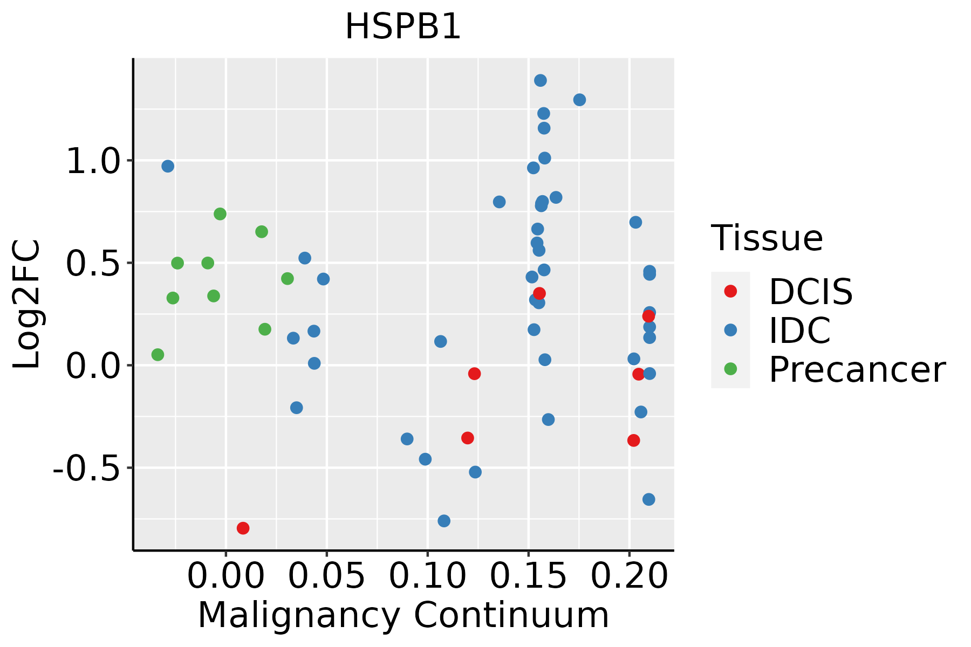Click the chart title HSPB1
pos(403,26)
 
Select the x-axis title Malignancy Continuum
pos(403,615)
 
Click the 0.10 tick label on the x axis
pos(427,576)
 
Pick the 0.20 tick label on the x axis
pos(629,576)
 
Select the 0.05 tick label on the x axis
pos(326,576)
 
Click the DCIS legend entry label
pos(810,292)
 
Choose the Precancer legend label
pos(857,370)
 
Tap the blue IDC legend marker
pos(730,330)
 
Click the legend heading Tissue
pos(767,238)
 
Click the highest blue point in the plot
pos(540,80)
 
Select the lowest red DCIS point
pos(243,528)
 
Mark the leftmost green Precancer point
pos(158,355)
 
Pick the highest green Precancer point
pos(220,214)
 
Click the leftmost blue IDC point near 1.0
pos(168,166)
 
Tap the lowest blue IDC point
pos(444,521)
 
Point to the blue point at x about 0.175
pos(579,100)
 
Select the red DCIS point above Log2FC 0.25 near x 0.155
pos(539,293)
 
